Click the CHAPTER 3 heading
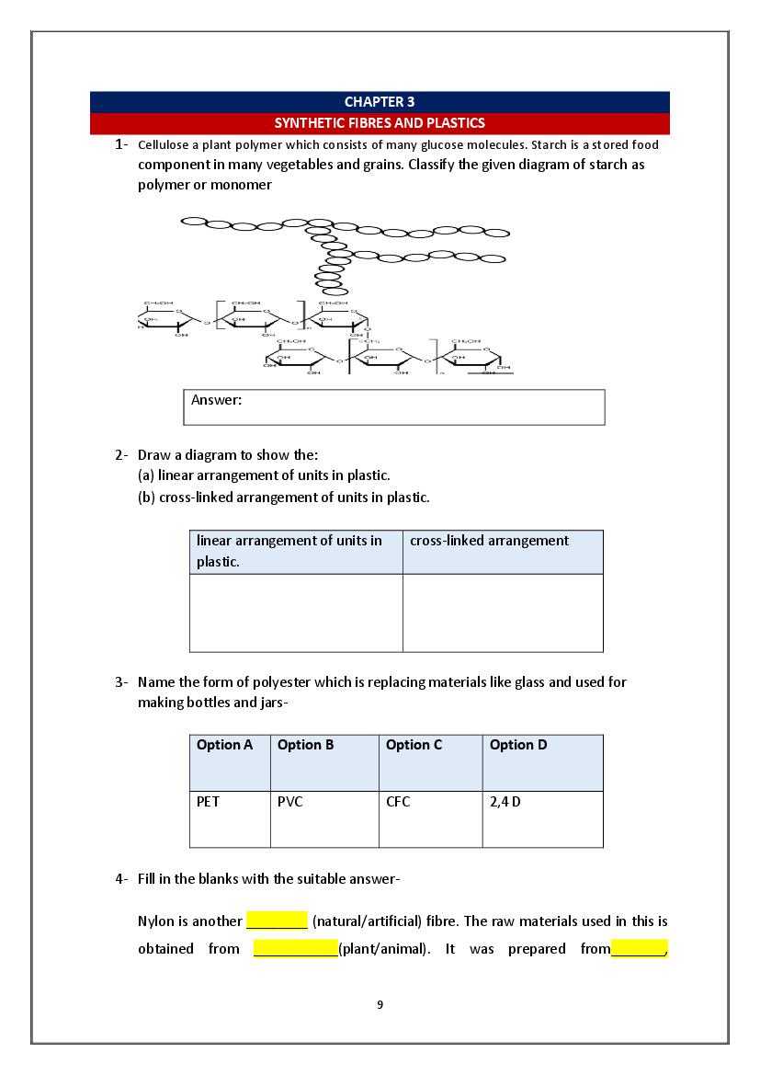[x=380, y=102]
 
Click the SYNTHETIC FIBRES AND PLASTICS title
[x=380, y=122]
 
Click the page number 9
[x=380, y=1004]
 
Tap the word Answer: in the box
[x=216, y=400]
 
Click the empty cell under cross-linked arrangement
[x=503, y=612]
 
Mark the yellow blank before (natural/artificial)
[x=277, y=921]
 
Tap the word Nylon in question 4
[x=156, y=921]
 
